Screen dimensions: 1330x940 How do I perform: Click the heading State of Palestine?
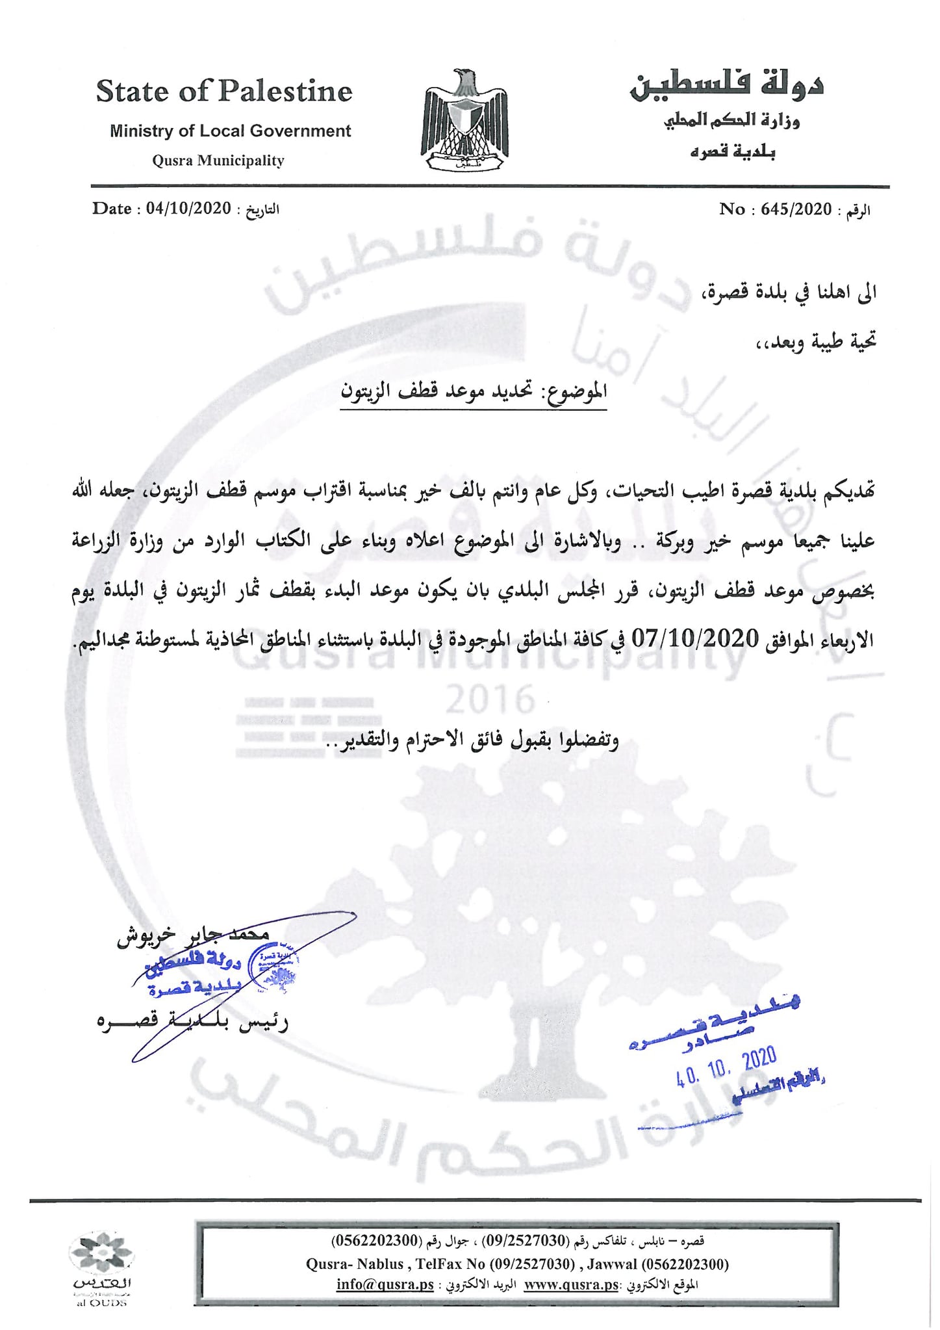pyautogui.click(x=224, y=92)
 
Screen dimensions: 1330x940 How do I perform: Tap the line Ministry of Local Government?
pyautogui.click(x=230, y=131)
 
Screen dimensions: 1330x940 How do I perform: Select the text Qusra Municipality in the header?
pyautogui.click(x=218, y=161)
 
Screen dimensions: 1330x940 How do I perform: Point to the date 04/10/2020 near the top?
pyautogui.click(x=188, y=208)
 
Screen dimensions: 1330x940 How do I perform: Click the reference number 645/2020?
pyautogui.click(x=796, y=209)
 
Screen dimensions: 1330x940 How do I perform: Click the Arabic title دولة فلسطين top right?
pyautogui.click(x=726, y=86)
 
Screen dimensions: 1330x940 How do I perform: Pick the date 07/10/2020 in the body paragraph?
pyautogui.click(x=696, y=638)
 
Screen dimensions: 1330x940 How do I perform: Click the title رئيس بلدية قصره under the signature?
pyautogui.click(x=192, y=1022)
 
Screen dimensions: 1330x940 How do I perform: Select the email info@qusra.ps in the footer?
pyautogui.click(x=385, y=1284)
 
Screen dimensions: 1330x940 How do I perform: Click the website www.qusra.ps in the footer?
pyautogui.click(x=571, y=1284)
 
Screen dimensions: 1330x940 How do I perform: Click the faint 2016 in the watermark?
pyautogui.click(x=490, y=700)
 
